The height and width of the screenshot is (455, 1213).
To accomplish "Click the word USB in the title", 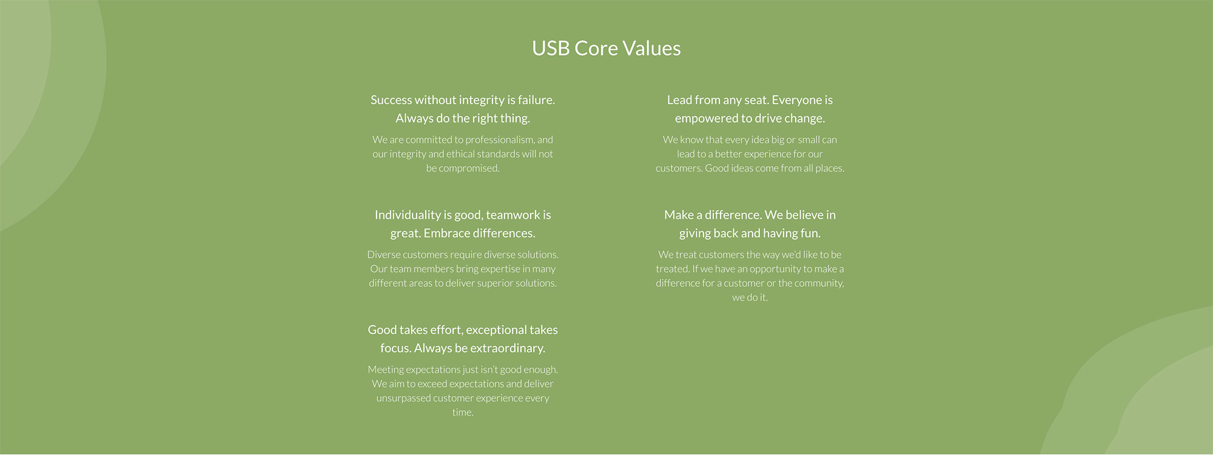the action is pos(551,49).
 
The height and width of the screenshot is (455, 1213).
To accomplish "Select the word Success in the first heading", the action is pos(391,100).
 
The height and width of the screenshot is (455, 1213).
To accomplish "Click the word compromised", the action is pos(469,169).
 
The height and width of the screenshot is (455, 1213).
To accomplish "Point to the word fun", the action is pos(811,234).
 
